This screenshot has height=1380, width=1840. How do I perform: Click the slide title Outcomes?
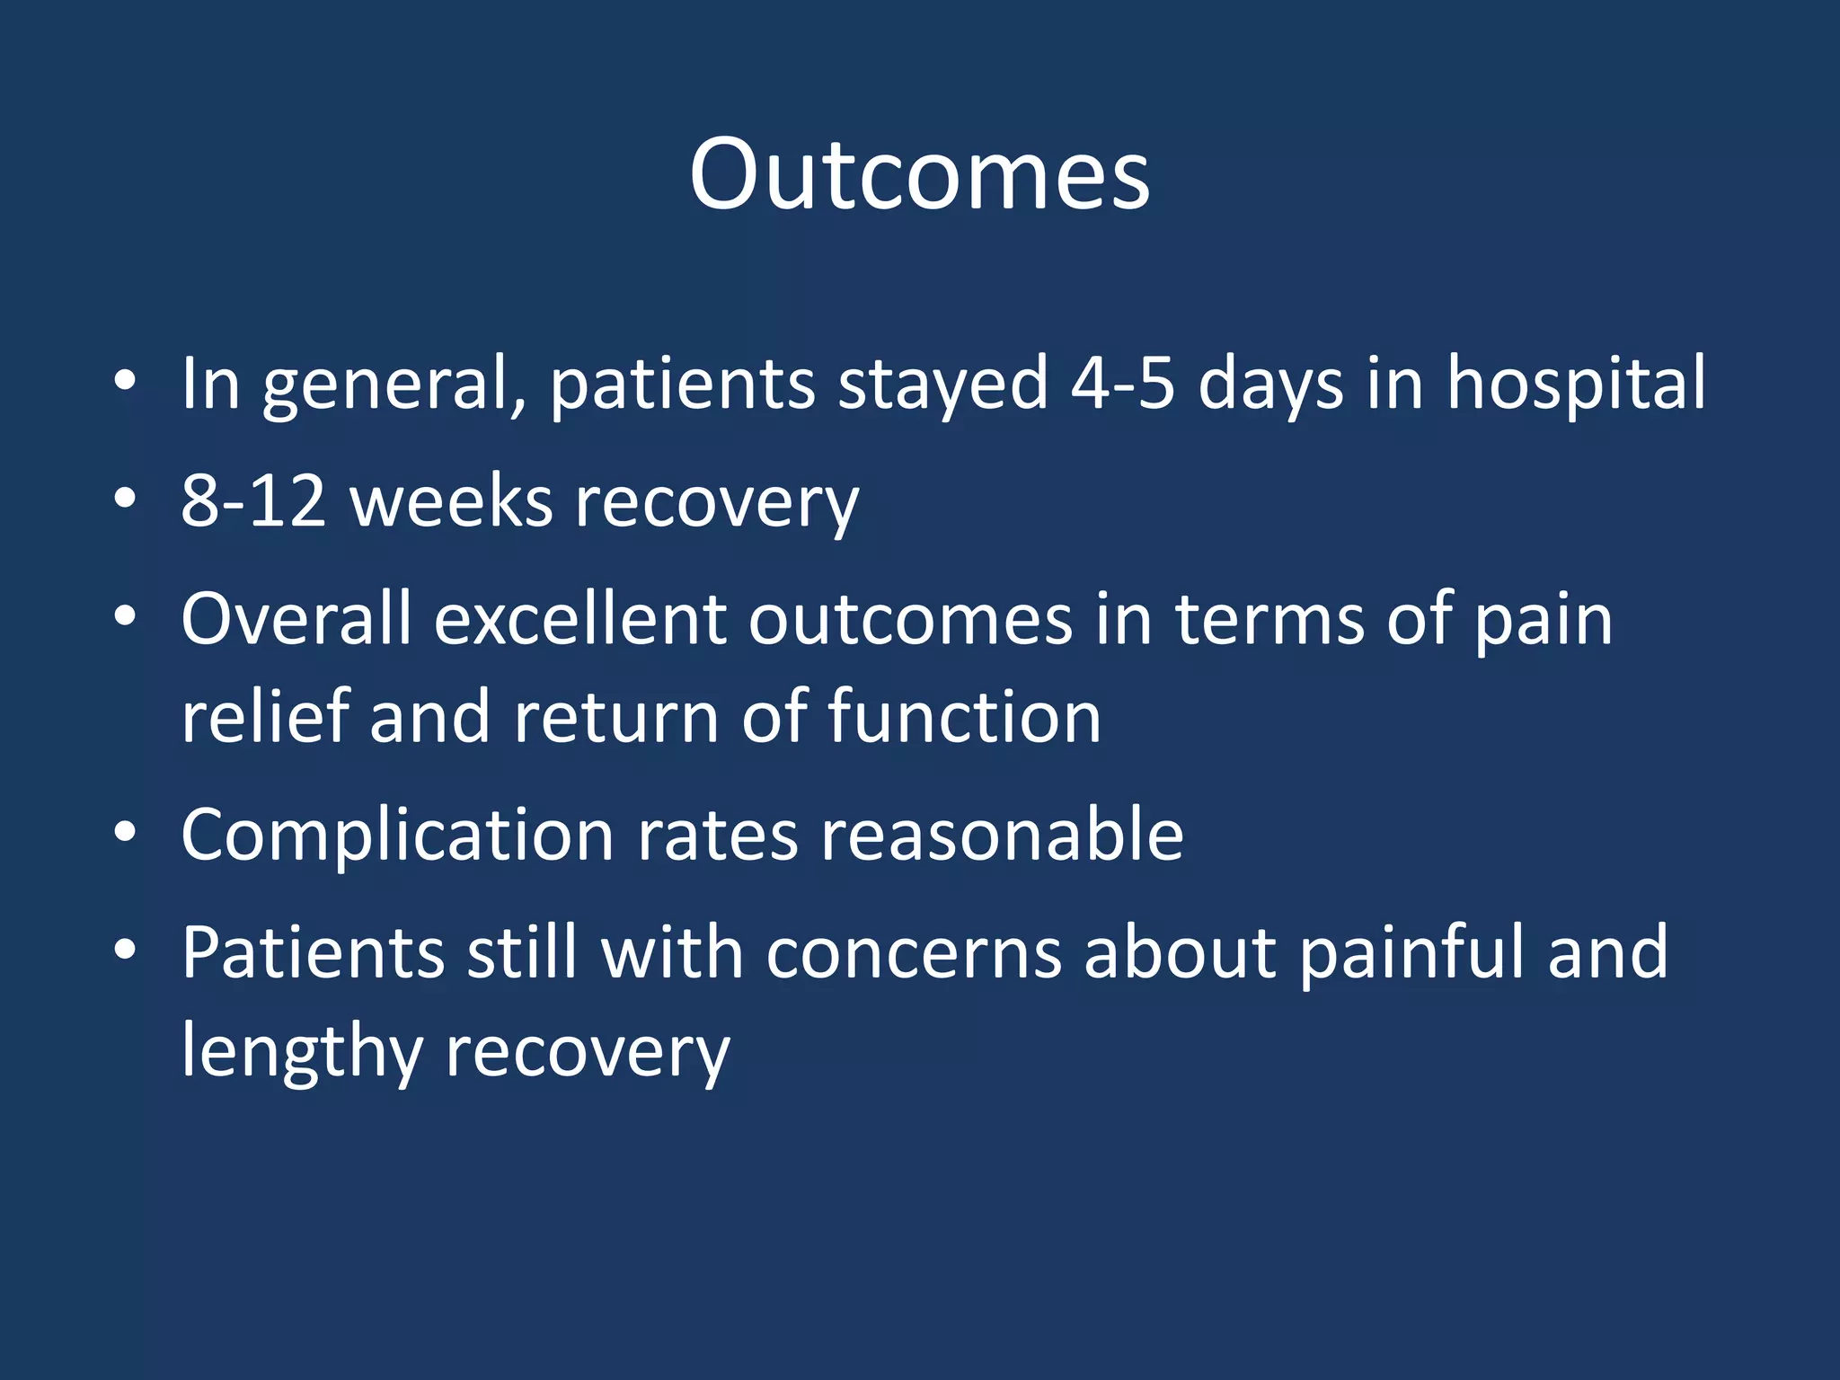coord(919,174)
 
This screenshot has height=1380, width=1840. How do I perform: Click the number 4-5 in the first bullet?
coord(1122,384)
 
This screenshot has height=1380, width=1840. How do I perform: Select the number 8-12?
coord(252,501)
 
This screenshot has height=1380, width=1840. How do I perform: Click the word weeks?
coord(451,501)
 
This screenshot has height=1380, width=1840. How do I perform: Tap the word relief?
coord(264,717)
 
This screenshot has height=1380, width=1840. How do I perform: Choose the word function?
coord(963,717)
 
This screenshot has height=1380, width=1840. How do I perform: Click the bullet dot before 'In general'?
coord(125,381)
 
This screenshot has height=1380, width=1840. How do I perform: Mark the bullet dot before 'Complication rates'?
coord(125,833)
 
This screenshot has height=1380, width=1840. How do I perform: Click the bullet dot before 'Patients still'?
coord(125,950)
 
